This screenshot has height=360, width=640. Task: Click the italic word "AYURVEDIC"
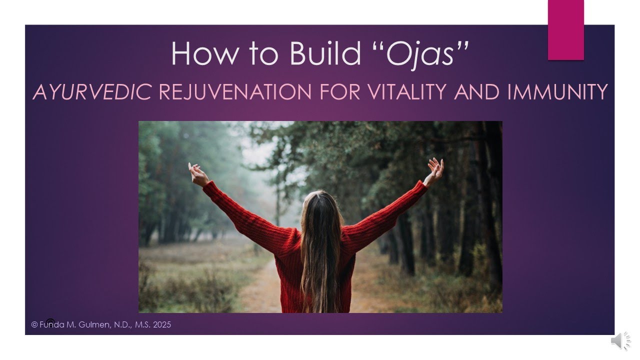pos(92,92)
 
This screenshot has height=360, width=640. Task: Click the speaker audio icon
pos(620,340)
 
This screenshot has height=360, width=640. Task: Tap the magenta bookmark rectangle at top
pos(565,30)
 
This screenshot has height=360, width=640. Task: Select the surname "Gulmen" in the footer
pos(97,325)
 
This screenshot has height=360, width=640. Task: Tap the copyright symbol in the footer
pos(34,325)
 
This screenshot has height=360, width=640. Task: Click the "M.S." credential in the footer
pos(143,325)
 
